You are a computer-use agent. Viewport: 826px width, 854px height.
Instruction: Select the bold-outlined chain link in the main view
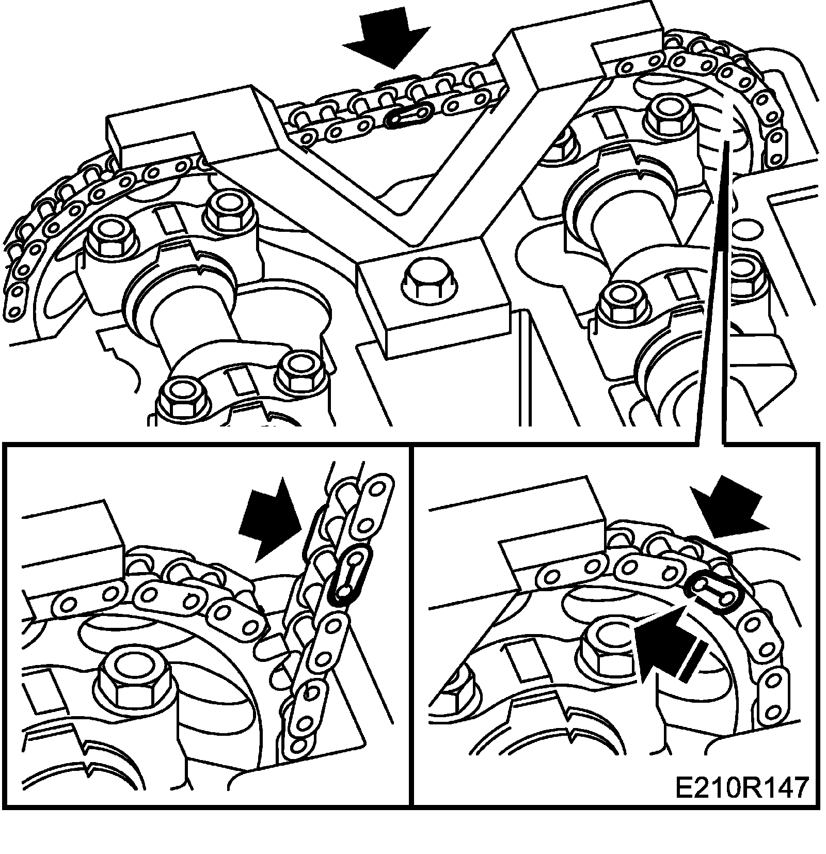tap(409, 114)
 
